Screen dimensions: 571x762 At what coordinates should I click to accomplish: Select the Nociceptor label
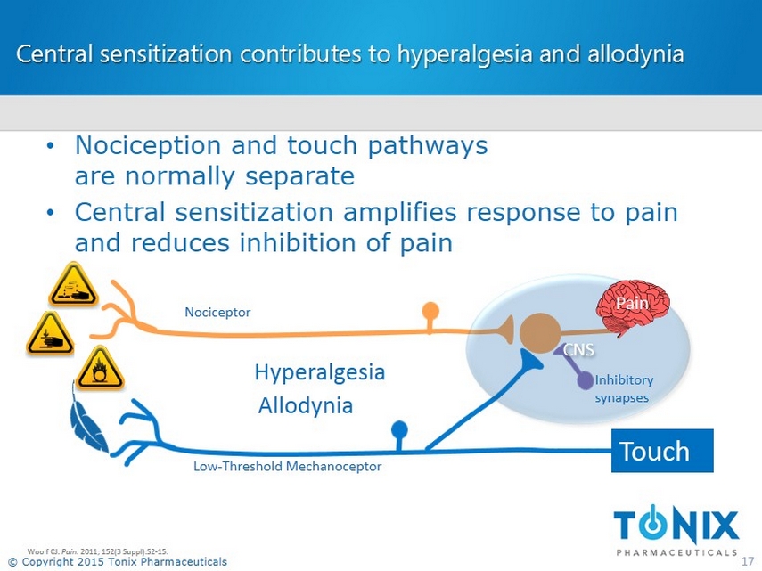(x=217, y=312)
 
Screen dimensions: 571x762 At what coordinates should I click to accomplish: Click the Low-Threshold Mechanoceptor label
(x=287, y=467)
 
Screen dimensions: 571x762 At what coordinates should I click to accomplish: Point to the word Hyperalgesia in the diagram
(x=320, y=371)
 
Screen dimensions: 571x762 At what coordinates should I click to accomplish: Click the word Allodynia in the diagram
(x=306, y=406)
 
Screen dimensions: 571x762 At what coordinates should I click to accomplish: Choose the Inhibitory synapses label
(x=623, y=388)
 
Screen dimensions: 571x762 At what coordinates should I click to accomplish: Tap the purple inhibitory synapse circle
(x=585, y=380)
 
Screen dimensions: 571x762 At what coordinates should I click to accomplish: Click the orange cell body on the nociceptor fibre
(x=430, y=311)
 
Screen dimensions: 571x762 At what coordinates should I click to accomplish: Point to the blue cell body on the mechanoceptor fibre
(x=399, y=428)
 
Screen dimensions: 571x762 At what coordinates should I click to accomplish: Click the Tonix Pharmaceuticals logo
(x=676, y=528)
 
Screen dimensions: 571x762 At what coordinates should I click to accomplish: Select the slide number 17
(x=749, y=560)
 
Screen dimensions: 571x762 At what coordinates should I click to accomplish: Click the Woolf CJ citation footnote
(x=98, y=551)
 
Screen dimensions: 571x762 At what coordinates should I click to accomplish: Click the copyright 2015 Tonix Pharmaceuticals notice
(x=118, y=561)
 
